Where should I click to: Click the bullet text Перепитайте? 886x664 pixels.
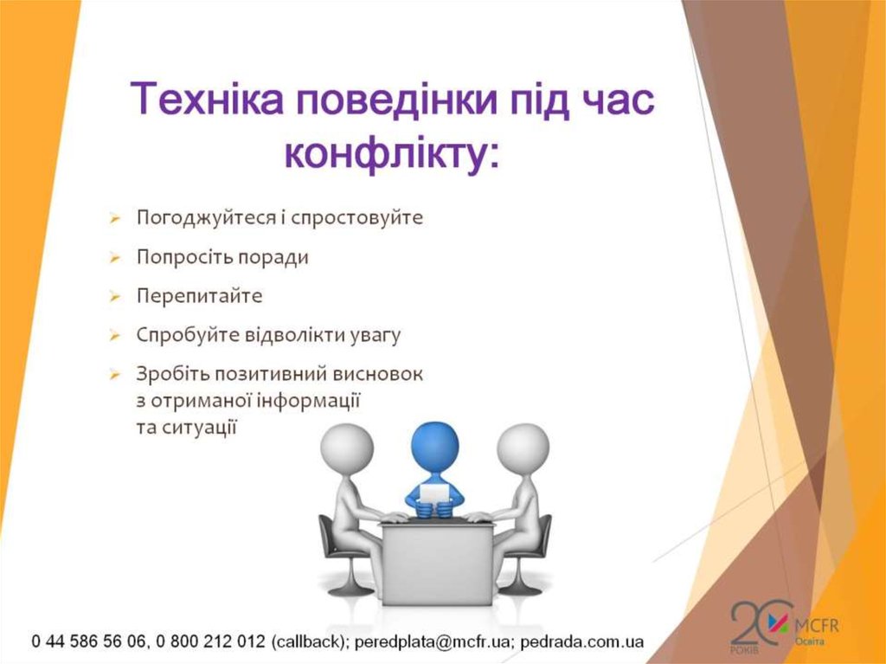199,296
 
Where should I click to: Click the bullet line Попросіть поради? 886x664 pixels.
222,257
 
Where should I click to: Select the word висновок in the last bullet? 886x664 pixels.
381,375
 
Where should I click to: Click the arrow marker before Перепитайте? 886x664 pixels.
114,297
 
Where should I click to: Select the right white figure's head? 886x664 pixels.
523,448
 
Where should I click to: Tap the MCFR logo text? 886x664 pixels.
821,625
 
